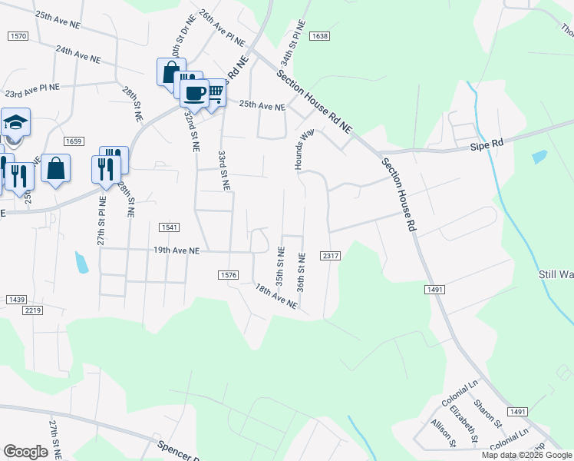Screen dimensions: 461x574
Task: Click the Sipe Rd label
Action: pyautogui.click(x=487, y=143)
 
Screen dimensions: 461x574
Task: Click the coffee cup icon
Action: pyautogui.click(x=193, y=93)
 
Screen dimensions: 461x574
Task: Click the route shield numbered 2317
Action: pyautogui.click(x=331, y=255)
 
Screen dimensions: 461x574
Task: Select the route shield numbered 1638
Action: pyautogui.click(x=320, y=36)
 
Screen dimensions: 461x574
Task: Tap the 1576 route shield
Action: pyautogui.click(x=228, y=274)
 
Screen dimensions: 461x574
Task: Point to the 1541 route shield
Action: pyautogui.click(x=170, y=227)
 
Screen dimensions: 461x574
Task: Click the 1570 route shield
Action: pyautogui.click(x=18, y=36)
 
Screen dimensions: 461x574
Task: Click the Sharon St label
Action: pyautogui.click(x=487, y=416)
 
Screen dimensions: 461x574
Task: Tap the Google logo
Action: pyautogui.click(x=26, y=452)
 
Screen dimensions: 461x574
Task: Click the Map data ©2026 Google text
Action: pyautogui.click(x=526, y=455)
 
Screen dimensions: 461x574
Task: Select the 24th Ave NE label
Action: pyautogui.click(x=78, y=53)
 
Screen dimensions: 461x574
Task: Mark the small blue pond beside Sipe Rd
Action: pyautogui.click(x=539, y=157)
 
